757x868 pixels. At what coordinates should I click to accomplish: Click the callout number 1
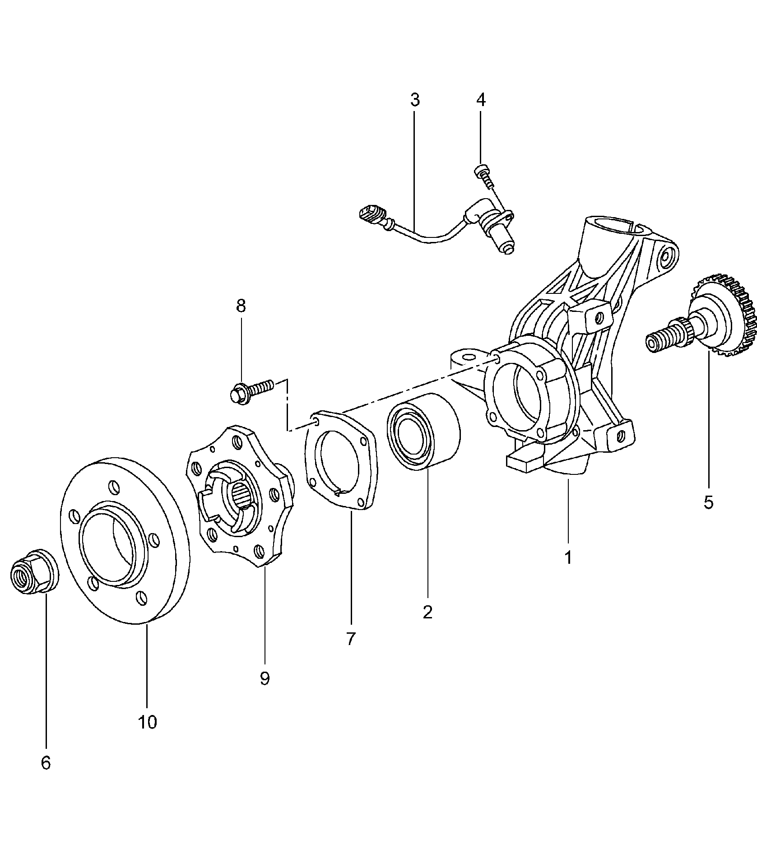pos(568,557)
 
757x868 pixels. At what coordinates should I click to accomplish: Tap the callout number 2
pos(427,612)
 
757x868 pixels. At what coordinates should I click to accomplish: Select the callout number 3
pos(415,100)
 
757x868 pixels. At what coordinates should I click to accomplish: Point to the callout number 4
pos(481,100)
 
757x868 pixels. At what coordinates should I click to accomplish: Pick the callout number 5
pos(708,501)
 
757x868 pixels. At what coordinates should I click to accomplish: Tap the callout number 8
pos(241,306)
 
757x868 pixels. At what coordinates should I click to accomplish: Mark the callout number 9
pos(265,691)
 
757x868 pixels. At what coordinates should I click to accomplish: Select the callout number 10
pos(147,735)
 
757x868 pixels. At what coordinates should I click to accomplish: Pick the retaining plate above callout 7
pos(342,460)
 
